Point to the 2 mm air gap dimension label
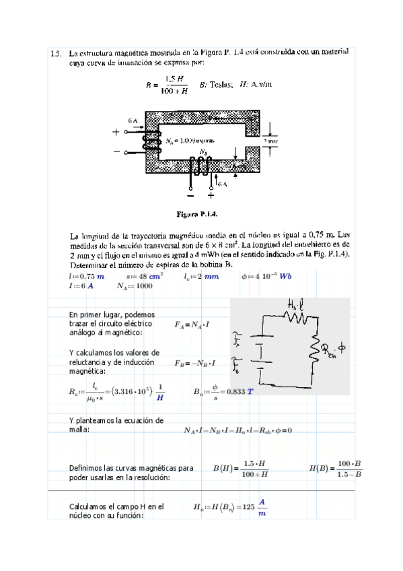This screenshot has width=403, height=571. tap(270, 141)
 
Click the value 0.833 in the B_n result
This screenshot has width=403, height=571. tap(235, 391)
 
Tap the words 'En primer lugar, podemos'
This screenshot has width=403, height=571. tap(112, 314)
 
